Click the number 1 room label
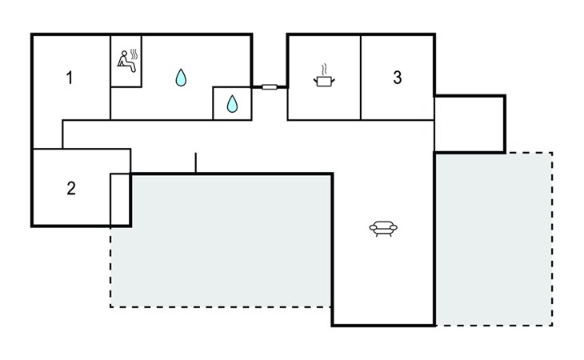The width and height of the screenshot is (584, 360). click(70, 78)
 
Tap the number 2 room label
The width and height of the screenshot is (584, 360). click(71, 189)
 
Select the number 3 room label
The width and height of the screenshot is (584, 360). click(398, 78)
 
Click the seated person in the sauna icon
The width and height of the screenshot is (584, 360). click(126, 62)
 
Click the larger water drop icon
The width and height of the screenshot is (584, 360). click(181, 78)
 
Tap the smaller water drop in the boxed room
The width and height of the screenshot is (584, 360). click(232, 103)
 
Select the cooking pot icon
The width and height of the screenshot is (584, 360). click(323, 82)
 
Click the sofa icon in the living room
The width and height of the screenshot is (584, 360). click(383, 229)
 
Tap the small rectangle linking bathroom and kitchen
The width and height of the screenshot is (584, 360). click(270, 86)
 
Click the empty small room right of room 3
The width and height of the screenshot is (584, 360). click(470, 124)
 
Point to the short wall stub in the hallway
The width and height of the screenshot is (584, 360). click(195, 162)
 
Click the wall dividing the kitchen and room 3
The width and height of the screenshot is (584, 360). click(361, 78)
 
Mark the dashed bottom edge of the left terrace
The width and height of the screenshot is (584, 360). click(220, 306)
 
